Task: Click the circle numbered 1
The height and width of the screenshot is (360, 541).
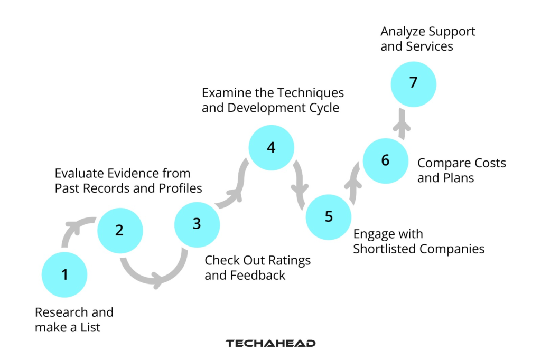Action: [64, 275]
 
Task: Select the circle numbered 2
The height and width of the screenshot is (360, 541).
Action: [120, 230]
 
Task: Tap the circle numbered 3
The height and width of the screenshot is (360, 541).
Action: [197, 224]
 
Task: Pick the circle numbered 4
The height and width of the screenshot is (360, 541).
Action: [271, 147]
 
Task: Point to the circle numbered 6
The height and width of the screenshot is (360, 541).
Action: [385, 160]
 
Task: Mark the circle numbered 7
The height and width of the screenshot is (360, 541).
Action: [413, 83]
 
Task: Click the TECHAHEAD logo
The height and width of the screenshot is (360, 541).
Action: [270, 343]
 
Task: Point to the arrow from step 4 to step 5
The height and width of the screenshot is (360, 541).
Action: [302, 182]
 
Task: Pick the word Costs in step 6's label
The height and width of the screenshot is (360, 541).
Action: [487, 163]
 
